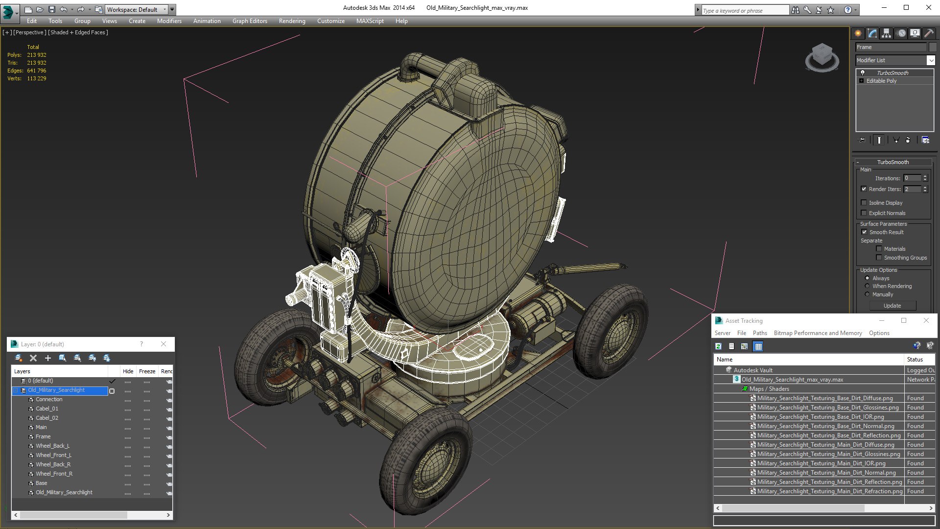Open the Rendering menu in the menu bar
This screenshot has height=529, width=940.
pyautogui.click(x=292, y=21)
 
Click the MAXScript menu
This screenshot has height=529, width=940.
pyautogui.click(x=370, y=21)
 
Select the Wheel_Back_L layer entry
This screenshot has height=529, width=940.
pyautogui.click(x=52, y=446)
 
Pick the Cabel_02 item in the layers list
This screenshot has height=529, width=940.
pyautogui.click(x=47, y=418)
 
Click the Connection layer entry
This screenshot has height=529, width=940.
pyautogui.click(x=49, y=399)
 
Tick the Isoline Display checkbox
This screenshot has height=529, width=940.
pyautogui.click(x=864, y=203)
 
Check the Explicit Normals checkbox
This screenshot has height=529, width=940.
pyautogui.click(x=864, y=213)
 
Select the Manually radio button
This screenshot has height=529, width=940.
pyautogui.click(x=867, y=294)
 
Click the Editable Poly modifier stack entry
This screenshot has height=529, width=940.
pyautogui.click(x=881, y=81)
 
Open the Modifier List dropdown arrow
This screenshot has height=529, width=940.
pyautogui.click(x=930, y=60)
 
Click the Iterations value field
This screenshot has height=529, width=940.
pyautogui.click(x=912, y=178)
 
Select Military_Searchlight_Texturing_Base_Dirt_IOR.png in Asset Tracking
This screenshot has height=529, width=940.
pyautogui.click(x=820, y=417)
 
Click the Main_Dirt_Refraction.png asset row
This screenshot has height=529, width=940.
pyautogui.click(x=829, y=491)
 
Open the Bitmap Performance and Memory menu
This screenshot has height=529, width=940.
pyautogui.click(x=818, y=333)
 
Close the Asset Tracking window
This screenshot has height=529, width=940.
pyautogui.click(x=926, y=320)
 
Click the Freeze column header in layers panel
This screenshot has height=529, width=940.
pyautogui.click(x=147, y=371)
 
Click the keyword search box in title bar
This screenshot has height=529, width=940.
pyautogui.click(x=744, y=10)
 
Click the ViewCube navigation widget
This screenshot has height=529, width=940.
pyautogui.click(x=822, y=57)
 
